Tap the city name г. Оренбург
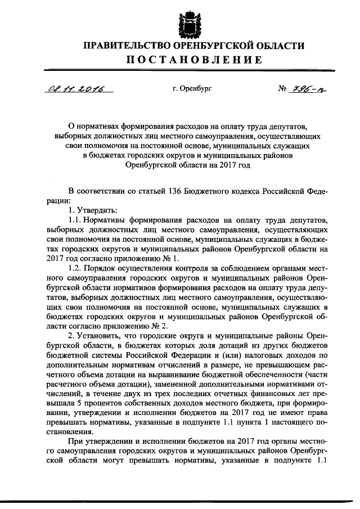(x=192, y=88)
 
